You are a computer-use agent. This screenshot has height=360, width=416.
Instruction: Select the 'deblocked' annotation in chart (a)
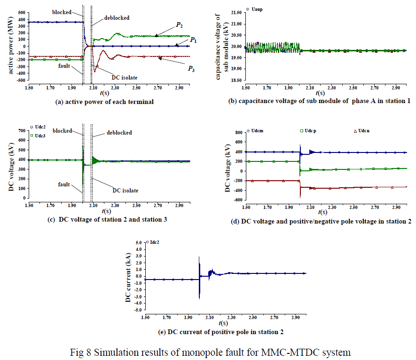116,18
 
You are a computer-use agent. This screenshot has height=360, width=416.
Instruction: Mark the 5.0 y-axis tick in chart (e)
139,242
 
